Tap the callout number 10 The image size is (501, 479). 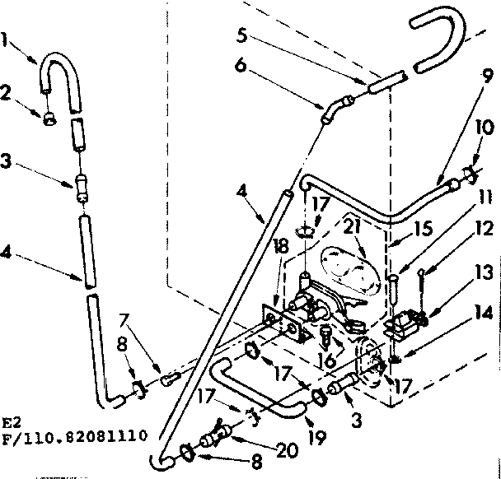[484, 129]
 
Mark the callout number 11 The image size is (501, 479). [485, 198]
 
